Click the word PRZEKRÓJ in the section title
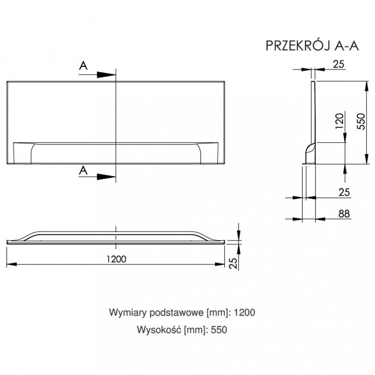tap(298, 45)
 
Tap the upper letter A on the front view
tap(83, 66)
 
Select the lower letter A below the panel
tap(83, 171)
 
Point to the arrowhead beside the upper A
tap(106, 75)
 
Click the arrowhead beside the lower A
tap(106, 177)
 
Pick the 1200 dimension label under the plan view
tap(116, 259)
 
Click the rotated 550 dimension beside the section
tap(361, 121)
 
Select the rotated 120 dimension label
tap(339, 121)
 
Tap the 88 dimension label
tap(344, 214)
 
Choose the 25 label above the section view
tap(339, 64)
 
